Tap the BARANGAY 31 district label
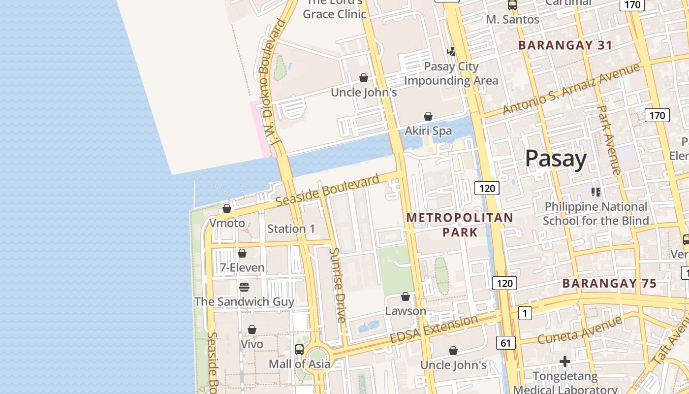tap(565, 45)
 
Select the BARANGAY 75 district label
tap(609, 283)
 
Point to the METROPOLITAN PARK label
tap(460, 225)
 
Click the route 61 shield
tap(506, 343)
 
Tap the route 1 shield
tap(525, 313)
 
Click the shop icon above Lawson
tap(406, 296)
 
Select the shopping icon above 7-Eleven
tap(242, 253)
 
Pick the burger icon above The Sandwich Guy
tap(244, 287)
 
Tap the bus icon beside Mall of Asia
tap(299, 350)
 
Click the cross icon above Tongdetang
tap(565, 362)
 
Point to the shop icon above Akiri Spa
tap(428, 116)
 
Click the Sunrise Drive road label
tap(338, 285)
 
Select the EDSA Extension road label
tap(434, 329)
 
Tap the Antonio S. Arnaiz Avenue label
tap(571, 89)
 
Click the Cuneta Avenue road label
tap(580, 330)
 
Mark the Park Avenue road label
tap(609, 140)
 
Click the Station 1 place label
tap(291, 229)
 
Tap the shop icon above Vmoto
tap(227, 208)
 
